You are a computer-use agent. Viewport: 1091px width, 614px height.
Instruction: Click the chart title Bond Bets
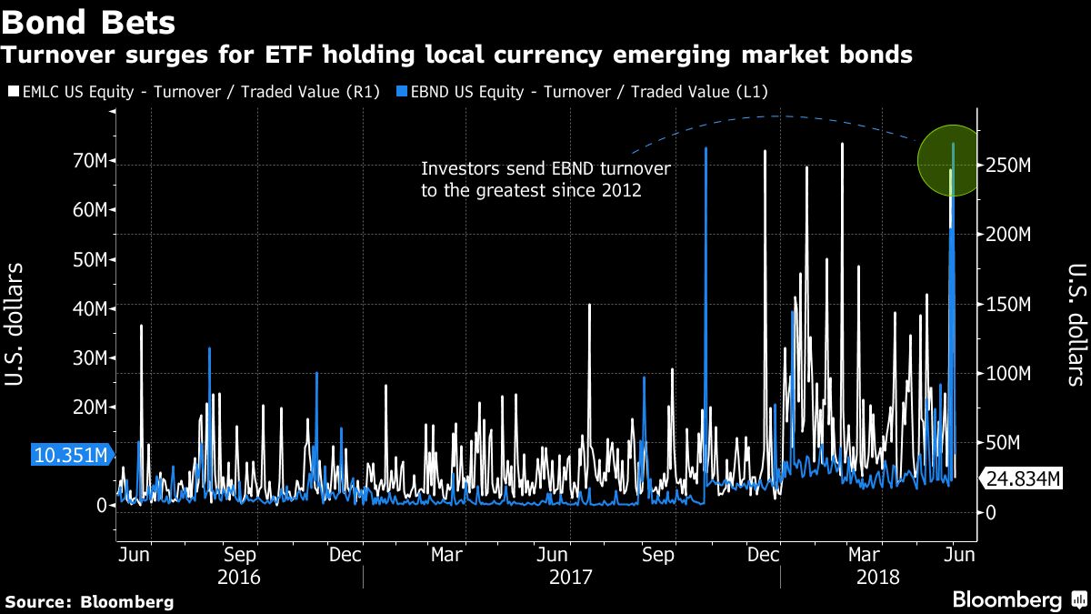tap(90, 20)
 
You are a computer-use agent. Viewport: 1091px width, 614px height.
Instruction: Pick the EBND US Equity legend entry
tap(586, 91)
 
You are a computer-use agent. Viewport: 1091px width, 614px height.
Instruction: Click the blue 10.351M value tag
tap(72, 454)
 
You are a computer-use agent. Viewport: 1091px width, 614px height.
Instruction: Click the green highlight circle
tap(946, 160)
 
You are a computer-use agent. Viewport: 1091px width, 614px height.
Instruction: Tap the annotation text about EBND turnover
tap(545, 179)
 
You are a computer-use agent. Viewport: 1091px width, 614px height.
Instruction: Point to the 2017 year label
tap(571, 578)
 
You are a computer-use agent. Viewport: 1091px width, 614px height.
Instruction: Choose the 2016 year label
tap(239, 578)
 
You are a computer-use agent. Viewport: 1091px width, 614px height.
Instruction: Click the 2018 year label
tap(877, 578)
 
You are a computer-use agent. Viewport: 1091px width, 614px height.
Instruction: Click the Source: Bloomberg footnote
tap(89, 601)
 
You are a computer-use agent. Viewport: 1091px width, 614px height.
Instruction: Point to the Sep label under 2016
tap(240, 554)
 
